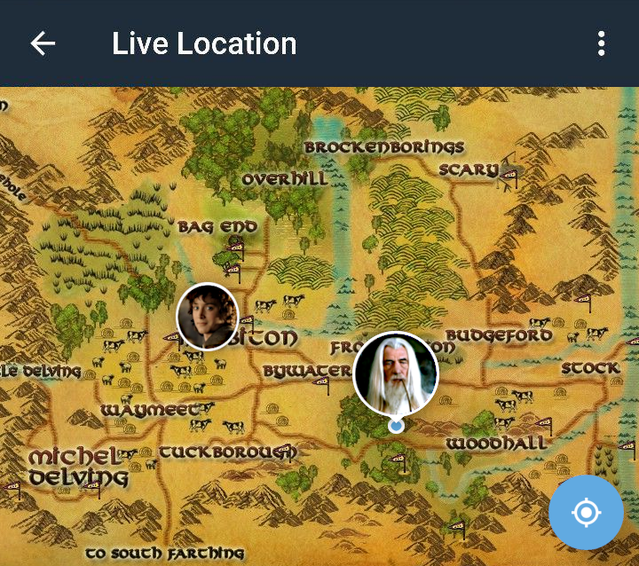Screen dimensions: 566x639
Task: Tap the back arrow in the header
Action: click(x=43, y=43)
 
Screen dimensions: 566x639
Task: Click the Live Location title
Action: click(x=204, y=43)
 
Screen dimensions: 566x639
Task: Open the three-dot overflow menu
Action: click(x=601, y=43)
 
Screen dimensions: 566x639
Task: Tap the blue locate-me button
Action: click(x=586, y=512)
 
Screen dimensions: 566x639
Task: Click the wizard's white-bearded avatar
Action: click(x=396, y=373)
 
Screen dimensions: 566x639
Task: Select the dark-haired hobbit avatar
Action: click(x=208, y=316)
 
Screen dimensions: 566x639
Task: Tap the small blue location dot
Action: click(x=397, y=426)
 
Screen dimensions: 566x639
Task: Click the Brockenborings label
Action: click(x=383, y=147)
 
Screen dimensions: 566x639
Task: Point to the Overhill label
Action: click(x=284, y=179)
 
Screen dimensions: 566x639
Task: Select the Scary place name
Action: click(x=468, y=170)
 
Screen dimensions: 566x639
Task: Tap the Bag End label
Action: click(x=217, y=227)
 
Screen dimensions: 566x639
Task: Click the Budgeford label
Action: click(x=498, y=335)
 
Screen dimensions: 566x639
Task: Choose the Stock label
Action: click(x=590, y=367)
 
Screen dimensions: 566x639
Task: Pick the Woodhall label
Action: click(x=496, y=443)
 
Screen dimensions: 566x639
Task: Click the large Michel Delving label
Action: click(x=76, y=468)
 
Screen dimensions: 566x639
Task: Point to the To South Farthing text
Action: click(x=164, y=554)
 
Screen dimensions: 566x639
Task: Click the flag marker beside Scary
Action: click(x=509, y=177)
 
